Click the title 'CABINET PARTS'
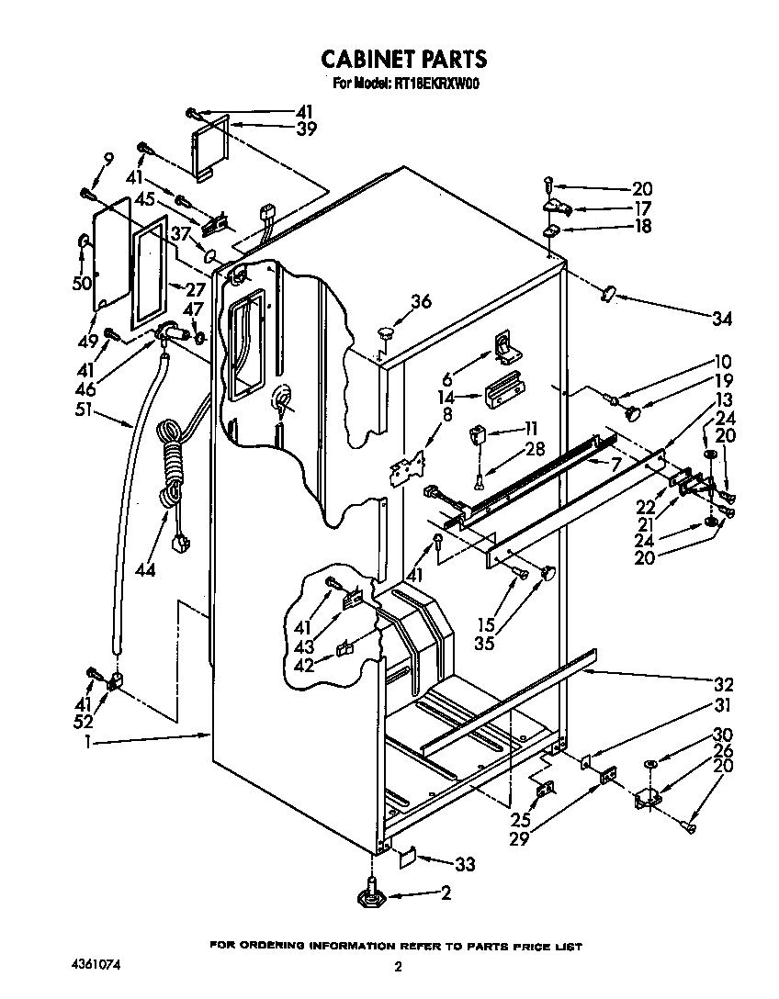[403, 59]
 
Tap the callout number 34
[723, 319]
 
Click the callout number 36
[421, 300]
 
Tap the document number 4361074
[96, 966]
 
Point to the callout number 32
[723, 684]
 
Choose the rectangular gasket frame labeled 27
[151, 272]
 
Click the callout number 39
[306, 129]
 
